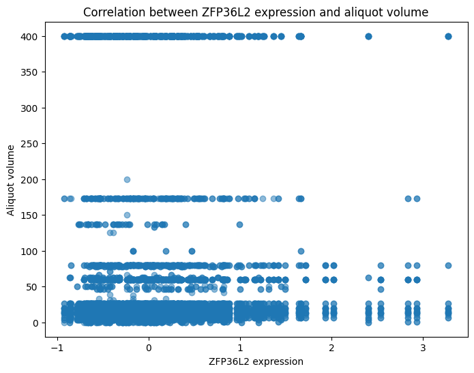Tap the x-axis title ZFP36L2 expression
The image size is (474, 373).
click(256, 361)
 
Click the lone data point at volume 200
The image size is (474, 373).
click(127, 179)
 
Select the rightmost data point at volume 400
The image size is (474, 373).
click(448, 36)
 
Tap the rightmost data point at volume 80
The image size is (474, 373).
click(448, 265)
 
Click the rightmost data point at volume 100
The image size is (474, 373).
click(301, 251)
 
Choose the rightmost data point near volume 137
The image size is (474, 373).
click(239, 224)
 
